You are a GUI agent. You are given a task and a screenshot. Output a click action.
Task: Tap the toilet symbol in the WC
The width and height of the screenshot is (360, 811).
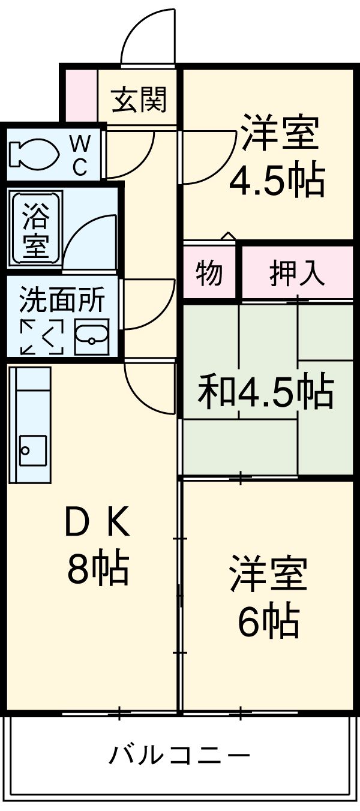point(32,154)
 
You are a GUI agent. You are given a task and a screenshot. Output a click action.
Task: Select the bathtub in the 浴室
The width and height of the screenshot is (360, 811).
point(34,229)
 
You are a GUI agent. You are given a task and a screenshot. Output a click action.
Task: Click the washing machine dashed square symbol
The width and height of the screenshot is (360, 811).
point(42,337)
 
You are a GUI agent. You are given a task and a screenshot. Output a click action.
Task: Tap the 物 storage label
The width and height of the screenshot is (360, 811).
point(209,274)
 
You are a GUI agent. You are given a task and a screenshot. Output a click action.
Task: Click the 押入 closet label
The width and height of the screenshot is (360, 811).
point(296,274)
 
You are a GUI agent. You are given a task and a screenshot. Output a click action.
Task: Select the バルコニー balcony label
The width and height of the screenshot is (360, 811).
point(179,754)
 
